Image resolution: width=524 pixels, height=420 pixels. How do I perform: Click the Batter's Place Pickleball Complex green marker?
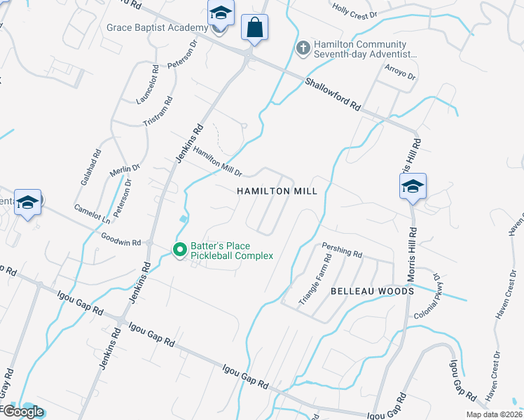coord(180,249)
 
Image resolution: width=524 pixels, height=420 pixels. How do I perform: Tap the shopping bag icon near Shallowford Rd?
coord(254,28)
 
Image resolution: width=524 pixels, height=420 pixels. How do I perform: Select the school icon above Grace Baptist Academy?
coord(220,14)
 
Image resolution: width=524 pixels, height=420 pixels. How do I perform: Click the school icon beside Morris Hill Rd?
coord(413,186)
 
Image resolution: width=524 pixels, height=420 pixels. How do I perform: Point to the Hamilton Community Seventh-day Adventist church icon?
coord(303,48)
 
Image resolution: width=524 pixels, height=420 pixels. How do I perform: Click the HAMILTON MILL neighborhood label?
coord(277,191)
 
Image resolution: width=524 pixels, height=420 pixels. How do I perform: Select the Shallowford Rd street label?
coord(333,94)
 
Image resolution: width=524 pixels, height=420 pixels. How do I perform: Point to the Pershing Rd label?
coord(342,249)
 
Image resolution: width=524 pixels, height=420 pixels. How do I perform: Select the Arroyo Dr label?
coord(401,71)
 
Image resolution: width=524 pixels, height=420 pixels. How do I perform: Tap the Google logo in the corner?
coord(22,412)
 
